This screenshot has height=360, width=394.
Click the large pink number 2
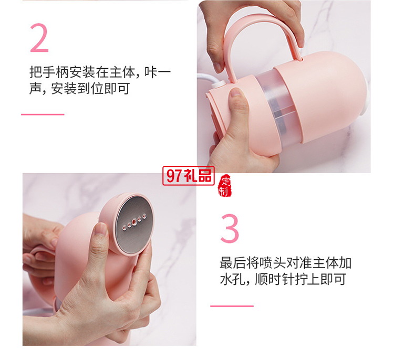(39, 37)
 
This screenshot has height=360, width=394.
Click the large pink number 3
(230, 228)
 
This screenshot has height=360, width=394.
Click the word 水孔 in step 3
(233, 279)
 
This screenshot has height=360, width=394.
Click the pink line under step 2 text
(43, 114)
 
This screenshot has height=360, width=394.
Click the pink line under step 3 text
(232, 305)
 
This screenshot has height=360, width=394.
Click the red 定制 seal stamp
(224, 184)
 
